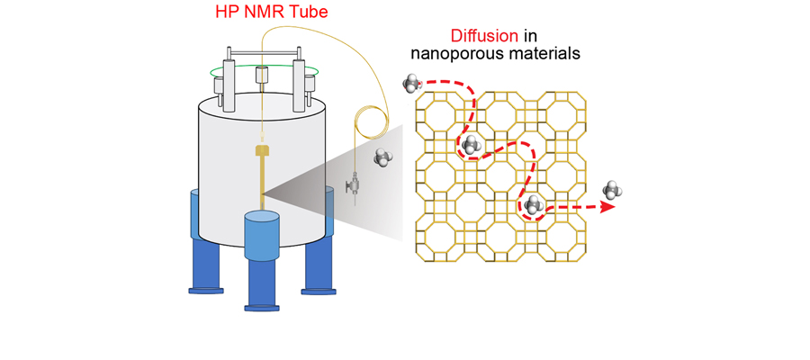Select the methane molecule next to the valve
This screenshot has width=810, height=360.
point(384,157)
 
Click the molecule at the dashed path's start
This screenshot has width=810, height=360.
point(411,84)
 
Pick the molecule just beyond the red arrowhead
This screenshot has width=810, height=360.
point(613,189)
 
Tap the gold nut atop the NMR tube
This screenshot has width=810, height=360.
point(263,149)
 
